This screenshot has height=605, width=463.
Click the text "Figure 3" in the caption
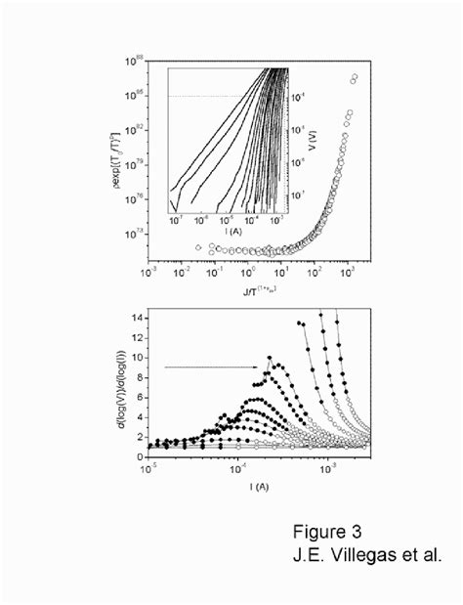[327, 533]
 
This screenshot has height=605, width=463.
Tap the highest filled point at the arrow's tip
[270, 358]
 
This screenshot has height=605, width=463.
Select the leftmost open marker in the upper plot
[198, 247]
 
